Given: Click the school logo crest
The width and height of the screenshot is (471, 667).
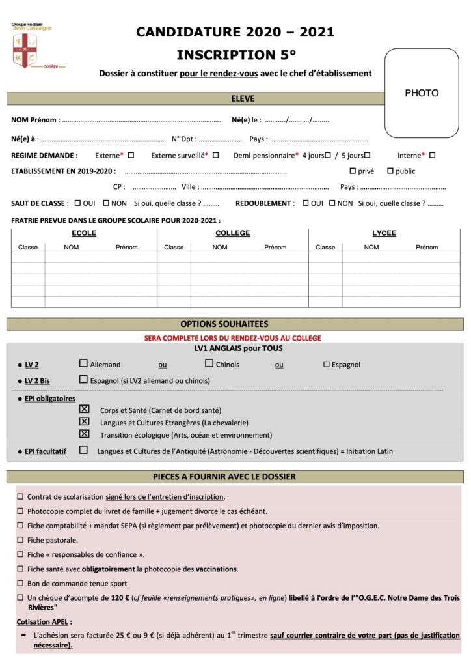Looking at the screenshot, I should click(x=25, y=50).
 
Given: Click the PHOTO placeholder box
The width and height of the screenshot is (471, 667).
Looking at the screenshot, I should click(x=422, y=93).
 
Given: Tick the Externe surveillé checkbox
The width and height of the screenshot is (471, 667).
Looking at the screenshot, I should click(x=216, y=155).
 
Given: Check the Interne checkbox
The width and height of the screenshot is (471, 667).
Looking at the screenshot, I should click(x=433, y=155).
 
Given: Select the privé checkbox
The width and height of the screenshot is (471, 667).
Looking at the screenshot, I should click(x=353, y=171).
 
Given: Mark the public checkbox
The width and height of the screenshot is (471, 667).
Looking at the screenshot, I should click(x=390, y=171).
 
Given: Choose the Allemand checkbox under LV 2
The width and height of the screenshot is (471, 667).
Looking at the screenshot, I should click(x=83, y=363).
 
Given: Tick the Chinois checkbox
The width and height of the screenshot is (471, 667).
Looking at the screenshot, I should click(x=209, y=363).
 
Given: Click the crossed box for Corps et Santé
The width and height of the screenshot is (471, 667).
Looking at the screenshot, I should click(x=83, y=409).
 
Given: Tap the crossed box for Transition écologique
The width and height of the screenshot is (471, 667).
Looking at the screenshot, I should click(x=83, y=434).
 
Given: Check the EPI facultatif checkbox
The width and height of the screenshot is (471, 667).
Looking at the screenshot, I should click(x=83, y=449).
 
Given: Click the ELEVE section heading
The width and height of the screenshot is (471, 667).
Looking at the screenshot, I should click(x=243, y=99).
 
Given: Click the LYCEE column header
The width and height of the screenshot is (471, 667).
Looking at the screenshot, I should click(x=384, y=233).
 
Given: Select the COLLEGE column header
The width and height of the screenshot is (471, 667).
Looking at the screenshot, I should click(x=232, y=233).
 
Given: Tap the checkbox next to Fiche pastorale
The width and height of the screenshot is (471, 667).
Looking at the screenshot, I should click(x=21, y=540).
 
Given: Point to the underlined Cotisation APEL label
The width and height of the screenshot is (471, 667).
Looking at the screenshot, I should click(x=44, y=621).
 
